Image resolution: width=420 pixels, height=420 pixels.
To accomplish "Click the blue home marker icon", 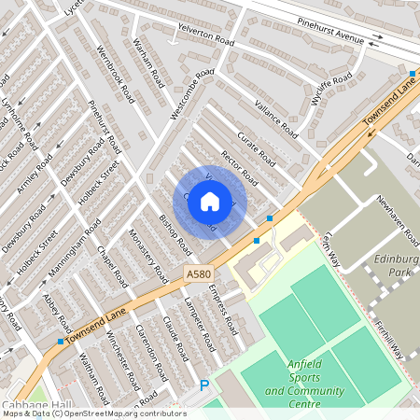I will click(x=210, y=202).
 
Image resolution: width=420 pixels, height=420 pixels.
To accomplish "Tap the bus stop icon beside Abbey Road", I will click(x=61, y=342).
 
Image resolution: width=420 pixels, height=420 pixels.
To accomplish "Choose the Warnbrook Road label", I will click(x=115, y=72).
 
